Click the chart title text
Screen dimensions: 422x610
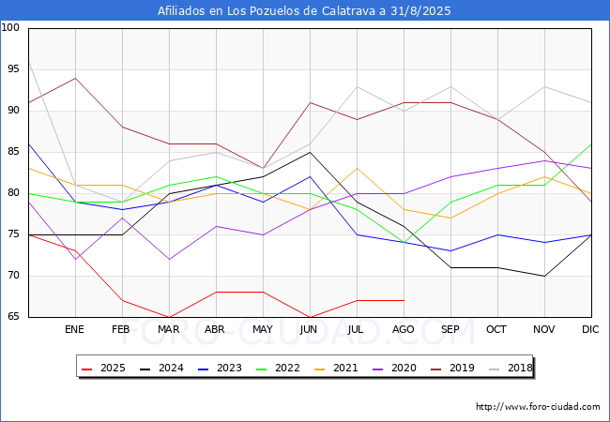[x=305, y=11]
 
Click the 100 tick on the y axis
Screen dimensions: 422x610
[x=11, y=28]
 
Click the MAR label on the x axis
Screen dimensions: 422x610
[x=169, y=330]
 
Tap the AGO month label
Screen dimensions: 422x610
[x=404, y=330]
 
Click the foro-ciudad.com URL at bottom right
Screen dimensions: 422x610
[x=538, y=407]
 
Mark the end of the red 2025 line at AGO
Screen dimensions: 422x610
[x=404, y=300]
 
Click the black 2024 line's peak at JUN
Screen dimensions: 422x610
[x=310, y=152]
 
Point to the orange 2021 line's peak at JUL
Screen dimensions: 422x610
[x=357, y=168]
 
